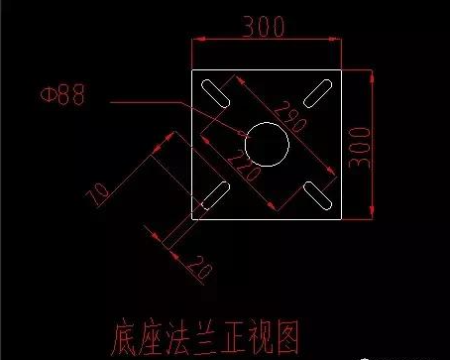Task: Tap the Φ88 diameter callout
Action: tap(61, 96)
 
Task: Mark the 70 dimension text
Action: tap(97, 193)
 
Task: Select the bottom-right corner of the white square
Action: tap(342, 218)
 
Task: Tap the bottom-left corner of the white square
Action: tap(189, 218)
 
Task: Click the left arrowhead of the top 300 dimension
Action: tap(193, 41)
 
